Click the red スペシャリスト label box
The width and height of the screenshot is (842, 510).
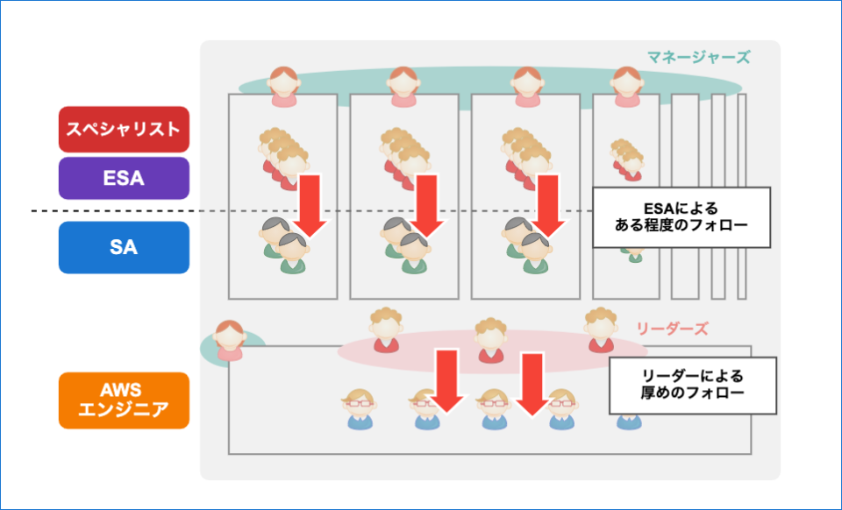[124, 129]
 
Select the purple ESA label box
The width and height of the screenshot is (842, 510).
[124, 178]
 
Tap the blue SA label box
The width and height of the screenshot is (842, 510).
[124, 247]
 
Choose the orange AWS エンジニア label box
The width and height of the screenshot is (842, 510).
[124, 400]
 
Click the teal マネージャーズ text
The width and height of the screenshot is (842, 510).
[698, 57]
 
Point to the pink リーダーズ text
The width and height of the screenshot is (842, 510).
[673, 329]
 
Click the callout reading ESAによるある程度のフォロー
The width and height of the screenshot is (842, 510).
[681, 217]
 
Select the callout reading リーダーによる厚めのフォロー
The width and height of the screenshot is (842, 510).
[693, 385]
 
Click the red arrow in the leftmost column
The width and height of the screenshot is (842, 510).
[310, 205]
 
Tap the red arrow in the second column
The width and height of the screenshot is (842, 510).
[427, 205]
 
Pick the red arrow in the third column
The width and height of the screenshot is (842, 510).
[549, 205]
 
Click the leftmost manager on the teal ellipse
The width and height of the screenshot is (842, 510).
[283, 87]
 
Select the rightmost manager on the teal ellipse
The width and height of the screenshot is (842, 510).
[626, 87]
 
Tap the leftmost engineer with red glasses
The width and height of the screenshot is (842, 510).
[360, 409]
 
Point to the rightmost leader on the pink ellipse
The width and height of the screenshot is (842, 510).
[601, 329]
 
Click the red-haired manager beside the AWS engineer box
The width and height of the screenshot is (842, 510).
[230, 341]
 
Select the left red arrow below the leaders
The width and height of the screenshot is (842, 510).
[446, 381]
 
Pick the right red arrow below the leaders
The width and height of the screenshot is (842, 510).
[532, 385]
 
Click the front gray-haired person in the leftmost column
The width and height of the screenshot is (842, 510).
[293, 253]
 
